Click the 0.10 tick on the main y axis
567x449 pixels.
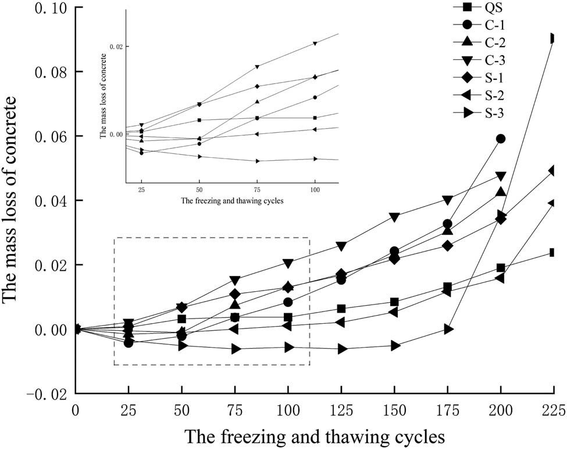pyautogui.click(x=41, y=9)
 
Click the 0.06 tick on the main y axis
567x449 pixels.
pyautogui.click(x=41, y=137)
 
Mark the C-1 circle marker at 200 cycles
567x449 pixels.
pyautogui.click(x=500, y=139)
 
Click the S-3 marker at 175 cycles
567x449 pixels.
pyautogui.click(x=448, y=329)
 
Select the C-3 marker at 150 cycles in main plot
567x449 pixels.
pyautogui.click(x=395, y=217)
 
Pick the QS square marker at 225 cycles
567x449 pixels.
pyautogui.click(x=553, y=253)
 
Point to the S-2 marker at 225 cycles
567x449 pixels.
pyautogui.click(x=552, y=203)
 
